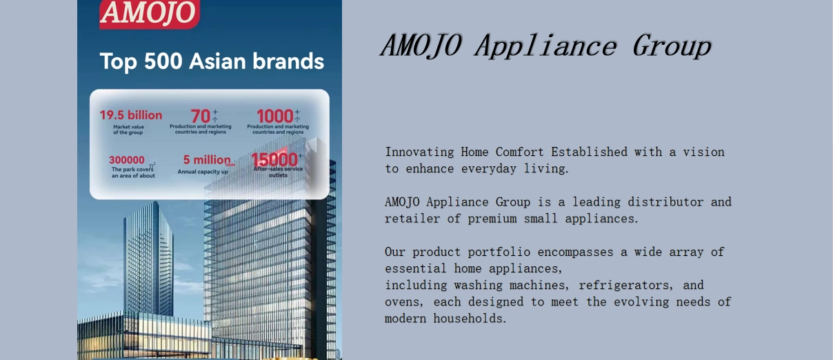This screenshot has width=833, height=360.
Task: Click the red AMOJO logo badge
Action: (x=150, y=14)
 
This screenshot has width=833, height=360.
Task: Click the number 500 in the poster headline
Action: (x=163, y=61)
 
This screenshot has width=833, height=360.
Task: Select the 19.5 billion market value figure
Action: (x=131, y=115)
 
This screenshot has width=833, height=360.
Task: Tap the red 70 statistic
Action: (x=201, y=116)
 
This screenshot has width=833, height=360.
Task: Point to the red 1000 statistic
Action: (x=275, y=116)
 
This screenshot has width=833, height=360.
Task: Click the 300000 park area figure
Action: (x=126, y=160)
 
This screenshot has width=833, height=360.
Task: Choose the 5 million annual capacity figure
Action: (x=207, y=160)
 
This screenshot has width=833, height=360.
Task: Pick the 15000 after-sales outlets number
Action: (x=274, y=160)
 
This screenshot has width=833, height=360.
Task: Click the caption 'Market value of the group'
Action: (x=128, y=130)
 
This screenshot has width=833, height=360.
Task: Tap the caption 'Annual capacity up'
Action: (x=203, y=172)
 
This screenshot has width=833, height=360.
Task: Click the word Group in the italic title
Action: (x=672, y=46)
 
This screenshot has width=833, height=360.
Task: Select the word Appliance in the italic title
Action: (x=546, y=46)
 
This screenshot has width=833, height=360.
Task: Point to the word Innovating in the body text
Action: (x=419, y=152)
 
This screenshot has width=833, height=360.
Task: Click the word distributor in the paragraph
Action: (x=665, y=202)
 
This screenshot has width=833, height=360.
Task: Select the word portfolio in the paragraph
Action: (x=499, y=252)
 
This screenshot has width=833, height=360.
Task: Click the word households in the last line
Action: (x=470, y=319)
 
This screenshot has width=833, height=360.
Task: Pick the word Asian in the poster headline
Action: (x=217, y=61)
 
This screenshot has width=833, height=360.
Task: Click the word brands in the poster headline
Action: (x=288, y=61)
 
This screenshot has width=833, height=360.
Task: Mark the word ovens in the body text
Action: (x=404, y=302)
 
